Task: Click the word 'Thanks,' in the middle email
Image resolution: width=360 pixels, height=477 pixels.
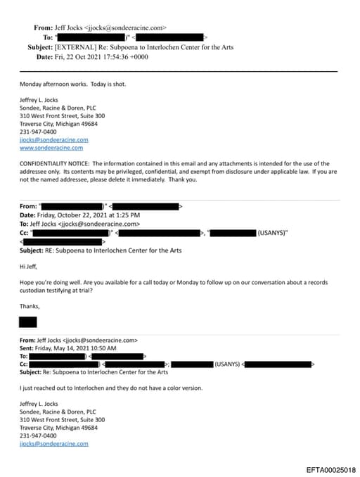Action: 30,306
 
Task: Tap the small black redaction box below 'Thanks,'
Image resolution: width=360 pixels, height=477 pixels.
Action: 27,322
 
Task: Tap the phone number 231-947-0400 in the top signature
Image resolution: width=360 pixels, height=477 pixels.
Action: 39,132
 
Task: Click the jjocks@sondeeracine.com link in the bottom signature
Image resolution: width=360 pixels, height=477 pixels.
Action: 53,444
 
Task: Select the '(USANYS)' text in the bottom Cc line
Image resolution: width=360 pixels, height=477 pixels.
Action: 226,364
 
